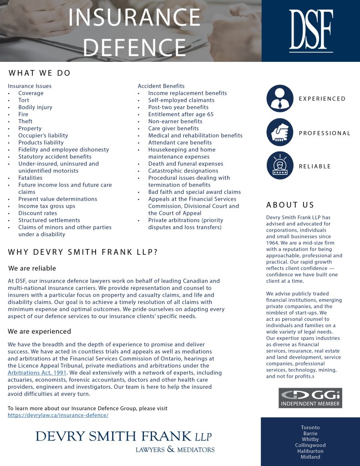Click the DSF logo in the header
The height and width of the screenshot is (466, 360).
[311, 30]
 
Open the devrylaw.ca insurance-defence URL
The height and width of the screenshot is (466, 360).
[58, 415]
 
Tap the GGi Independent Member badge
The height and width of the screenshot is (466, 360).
[310, 398]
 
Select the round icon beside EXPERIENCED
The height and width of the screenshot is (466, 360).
[280, 99]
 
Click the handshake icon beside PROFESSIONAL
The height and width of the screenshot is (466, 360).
[280, 133]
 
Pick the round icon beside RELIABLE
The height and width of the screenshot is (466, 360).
[280, 166]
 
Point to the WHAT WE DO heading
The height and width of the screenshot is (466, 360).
[40, 73]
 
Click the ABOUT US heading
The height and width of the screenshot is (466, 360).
[290, 205]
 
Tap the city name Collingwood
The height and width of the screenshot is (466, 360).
[310, 445]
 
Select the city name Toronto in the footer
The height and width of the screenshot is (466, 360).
[310, 427]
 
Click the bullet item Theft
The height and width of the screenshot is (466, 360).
[25, 122]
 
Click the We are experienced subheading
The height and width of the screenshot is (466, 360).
[40, 331]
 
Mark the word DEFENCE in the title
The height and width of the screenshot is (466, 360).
[134, 46]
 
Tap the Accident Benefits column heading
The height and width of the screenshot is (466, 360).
[161, 86]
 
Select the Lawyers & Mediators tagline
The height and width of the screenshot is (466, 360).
[175, 450]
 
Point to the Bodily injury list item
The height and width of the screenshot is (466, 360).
[35, 107]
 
